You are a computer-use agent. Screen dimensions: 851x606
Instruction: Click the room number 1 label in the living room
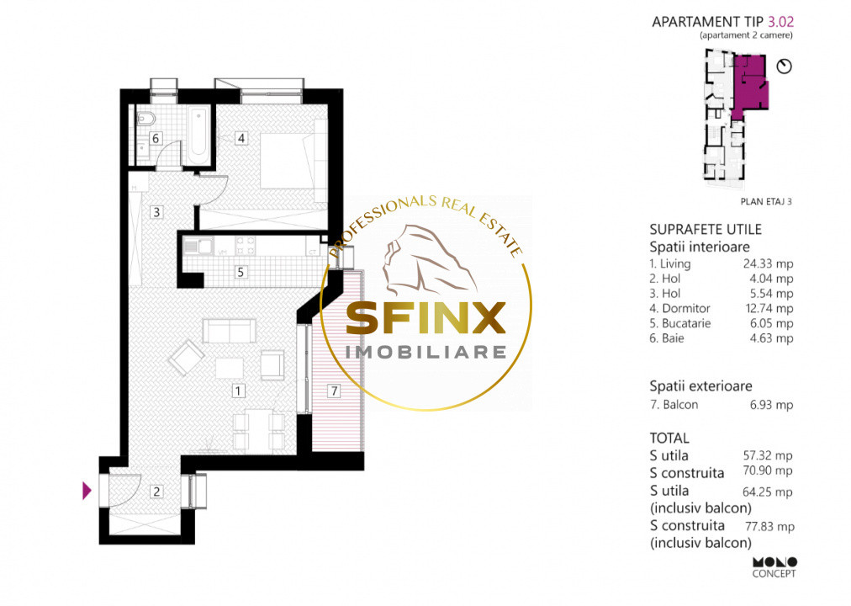pyautogui.click(x=238, y=391)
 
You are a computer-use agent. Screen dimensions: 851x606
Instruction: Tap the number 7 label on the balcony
pyautogui.click(x=335, y=391)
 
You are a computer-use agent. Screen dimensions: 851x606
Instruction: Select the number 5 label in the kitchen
pyautogui.click(x=241, y=272)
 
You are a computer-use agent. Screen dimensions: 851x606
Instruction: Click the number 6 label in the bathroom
pyautogui.click(x=156, y=139)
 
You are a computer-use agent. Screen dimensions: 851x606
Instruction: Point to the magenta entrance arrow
pyautogui.click(x=87, y=491)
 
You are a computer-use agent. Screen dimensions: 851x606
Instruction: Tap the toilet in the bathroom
pyautogui.click(x=145, y=119)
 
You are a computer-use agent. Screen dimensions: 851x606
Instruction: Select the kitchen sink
pyautogui.click(x=198, y=246)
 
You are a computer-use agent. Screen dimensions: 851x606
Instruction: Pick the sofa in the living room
pyautogui.click(x=229, y=331)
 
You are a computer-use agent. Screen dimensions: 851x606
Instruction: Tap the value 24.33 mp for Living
pyautogui.click(x=768, y=264)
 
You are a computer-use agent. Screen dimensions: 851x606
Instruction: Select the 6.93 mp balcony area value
pyautogui.click(x=771, y=405)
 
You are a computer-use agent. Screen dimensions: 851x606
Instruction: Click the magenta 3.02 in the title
pyautogui.click(x=780, y=22)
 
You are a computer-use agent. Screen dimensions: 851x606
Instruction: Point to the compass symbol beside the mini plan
pyautogui.click(x=785, y=66)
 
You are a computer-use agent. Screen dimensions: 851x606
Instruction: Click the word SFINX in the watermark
pyautogui.click(x=426, y=318)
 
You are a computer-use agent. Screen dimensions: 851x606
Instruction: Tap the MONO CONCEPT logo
pyautogui.click(x=774, y=567)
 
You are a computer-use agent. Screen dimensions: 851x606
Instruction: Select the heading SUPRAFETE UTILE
pyautogui.click(x=706, y=229)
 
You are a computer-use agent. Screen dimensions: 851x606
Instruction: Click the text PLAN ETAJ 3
pyautogui.click(x=766, y=201)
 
